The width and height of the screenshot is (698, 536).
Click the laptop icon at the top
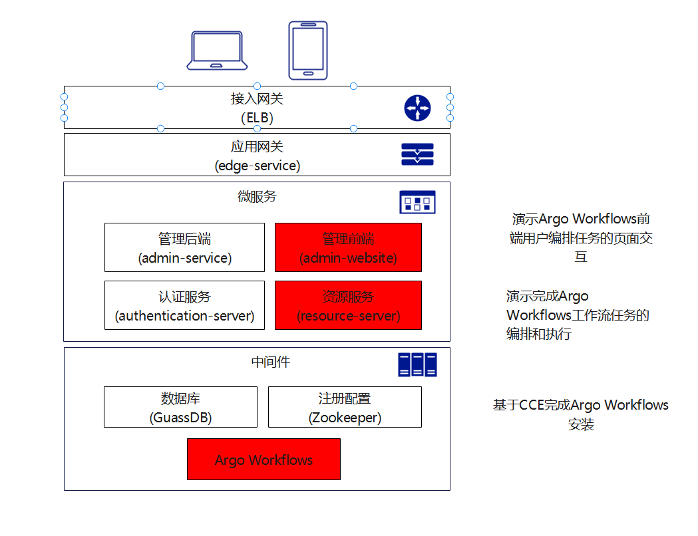[217, 50]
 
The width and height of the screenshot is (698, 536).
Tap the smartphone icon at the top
[308, 50]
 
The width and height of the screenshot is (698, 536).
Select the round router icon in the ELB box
[418, 108]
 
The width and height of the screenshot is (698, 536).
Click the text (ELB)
[257, 118]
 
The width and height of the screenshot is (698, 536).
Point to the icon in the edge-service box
[417, 154]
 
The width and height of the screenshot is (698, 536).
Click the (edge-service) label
[257, 166]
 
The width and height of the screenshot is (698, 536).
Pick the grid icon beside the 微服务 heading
[417, 201]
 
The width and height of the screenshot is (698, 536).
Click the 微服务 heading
[257, 197]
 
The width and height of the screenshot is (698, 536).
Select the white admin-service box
[184, 247]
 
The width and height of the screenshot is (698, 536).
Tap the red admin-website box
[348, 247]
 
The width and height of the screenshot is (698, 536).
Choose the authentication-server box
[184, 305]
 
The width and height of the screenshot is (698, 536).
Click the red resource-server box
[348, 305]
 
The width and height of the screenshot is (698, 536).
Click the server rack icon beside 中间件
[417, 364]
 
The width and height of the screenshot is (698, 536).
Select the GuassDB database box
[180, 407]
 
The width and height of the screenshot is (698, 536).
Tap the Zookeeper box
[345, 407]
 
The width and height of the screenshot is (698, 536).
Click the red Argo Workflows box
[263, 459]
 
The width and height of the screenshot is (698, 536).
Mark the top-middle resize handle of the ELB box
[257, 86]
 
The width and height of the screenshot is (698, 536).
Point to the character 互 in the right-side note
[581, 257]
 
